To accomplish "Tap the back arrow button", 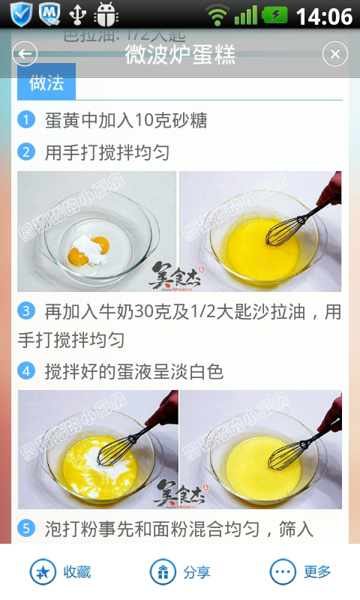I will click(25, 54).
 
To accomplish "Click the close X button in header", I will click(335, 54).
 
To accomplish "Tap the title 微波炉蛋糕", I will click(180, 54).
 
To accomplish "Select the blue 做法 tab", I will click(46, 83).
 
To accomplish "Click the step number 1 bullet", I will click(26, 120).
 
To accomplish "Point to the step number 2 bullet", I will click(26, 152).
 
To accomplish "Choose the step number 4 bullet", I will click(26, 371).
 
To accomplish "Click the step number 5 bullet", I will click(26, 529).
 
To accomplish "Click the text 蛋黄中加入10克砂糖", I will click(126, 120).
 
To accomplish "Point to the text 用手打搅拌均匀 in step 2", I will click(107, 153).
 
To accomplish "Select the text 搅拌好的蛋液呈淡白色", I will click(134, 371).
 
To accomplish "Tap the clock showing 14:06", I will click(324, 16).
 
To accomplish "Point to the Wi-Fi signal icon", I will click(218, 15).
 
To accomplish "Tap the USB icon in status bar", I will click(77, 14).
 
